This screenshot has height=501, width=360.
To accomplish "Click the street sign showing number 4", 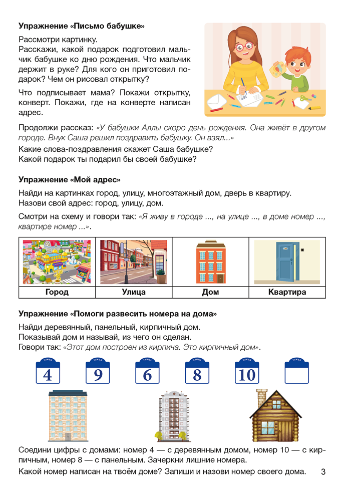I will [x=48, y=372].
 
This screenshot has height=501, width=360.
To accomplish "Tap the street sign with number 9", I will [x=98, y=372].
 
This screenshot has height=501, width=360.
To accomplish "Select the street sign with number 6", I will [x=147, y=372].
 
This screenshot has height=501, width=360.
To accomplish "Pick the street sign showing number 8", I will [x=197, y=372].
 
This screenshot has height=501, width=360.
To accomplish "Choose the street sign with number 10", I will [x=247, y=372].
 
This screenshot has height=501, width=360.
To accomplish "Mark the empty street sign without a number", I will [x=297, y=372].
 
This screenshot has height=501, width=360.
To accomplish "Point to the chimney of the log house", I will [x=260, y=397].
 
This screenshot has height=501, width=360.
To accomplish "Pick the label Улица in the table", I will [x=133, y=292].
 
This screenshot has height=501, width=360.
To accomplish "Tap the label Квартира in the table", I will [x=287, y=292].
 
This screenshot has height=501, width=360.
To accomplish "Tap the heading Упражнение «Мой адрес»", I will [x=70, y=179].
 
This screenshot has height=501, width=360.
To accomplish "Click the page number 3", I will [x=323, y=471].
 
